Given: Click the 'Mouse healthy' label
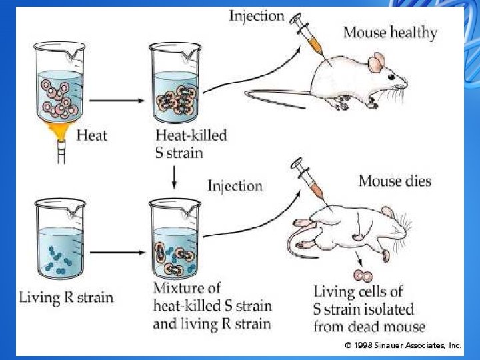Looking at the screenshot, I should (390, 32).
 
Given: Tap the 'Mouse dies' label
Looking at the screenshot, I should (395, 181).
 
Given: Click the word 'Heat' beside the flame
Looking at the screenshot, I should (92, 135).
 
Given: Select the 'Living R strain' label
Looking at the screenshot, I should (66, 297).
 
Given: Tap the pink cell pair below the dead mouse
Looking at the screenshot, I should (364, 274).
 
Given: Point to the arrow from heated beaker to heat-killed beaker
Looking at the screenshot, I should (117, 101).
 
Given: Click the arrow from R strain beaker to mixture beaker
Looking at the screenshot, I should (117, 253).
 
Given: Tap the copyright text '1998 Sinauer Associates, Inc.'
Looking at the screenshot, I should (403, 345).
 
